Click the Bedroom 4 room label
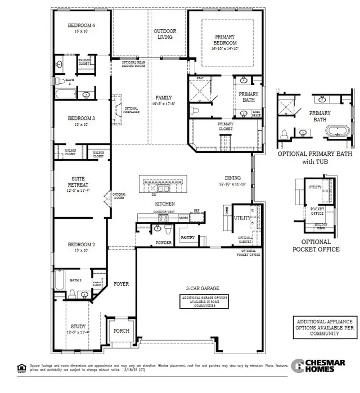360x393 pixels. (x=82, y=25)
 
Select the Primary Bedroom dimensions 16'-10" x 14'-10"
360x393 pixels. (x=225, y=49)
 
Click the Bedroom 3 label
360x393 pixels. (x=82, y=118)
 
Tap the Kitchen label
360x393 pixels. (x=165, y=203)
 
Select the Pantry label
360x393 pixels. (x=187, y=238)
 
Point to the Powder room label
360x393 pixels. (x=164, y=243)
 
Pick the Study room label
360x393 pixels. (x=78, y=326)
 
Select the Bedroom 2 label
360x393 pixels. (x=82, y=245)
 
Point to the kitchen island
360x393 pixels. (x=166, y=183)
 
